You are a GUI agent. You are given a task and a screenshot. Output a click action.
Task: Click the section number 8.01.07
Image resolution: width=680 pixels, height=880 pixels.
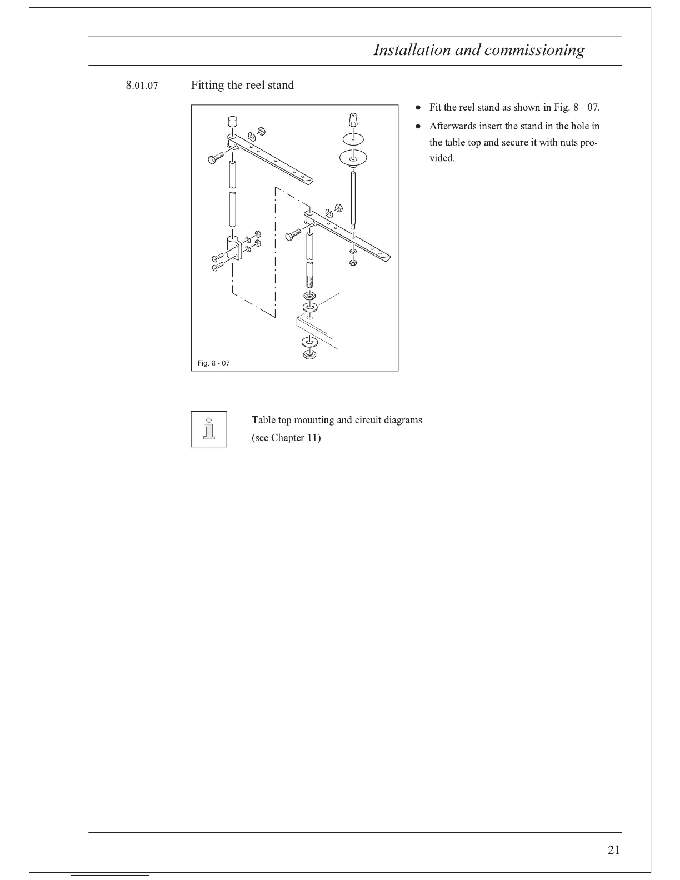click(x=142, y=86)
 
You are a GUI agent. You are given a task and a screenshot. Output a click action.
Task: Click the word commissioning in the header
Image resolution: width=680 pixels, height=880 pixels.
click(x=534, y=50)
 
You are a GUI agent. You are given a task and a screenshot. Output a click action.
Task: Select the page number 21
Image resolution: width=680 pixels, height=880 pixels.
click(x=613, y=849)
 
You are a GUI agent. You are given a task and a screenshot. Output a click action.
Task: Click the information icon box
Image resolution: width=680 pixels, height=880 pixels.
click(x=208, y=429)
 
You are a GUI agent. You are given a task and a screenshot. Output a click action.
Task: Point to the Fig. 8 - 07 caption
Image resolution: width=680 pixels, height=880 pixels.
click(x=213, y=363)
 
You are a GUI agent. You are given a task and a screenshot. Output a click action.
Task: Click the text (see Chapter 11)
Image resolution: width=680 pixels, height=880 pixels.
click(x=286, y=438)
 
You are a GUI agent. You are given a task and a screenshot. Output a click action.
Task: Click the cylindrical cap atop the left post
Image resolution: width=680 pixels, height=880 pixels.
click(x=232, y=121)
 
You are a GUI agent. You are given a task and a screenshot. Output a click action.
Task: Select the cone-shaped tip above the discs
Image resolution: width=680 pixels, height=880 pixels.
click(x=353, y=120)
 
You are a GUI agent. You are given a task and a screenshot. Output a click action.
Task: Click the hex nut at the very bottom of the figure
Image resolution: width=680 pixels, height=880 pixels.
click(x=309, y=355)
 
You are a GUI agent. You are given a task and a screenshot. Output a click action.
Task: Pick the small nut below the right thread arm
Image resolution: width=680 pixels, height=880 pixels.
click(x=353, y=263)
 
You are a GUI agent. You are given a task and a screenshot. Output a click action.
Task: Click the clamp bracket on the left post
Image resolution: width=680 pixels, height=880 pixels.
click(x=234, y=248)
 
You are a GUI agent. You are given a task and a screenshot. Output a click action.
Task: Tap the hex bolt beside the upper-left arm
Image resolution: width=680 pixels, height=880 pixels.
click(x=216, y=157)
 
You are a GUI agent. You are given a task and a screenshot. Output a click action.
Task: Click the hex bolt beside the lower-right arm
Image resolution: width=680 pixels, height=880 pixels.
click(x=293, y=234)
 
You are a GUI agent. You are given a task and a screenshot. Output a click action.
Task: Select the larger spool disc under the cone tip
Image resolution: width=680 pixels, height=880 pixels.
click(x=353, y=157)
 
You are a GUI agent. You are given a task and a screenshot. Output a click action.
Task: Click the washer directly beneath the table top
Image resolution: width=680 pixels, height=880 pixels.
click(x=309, y=342)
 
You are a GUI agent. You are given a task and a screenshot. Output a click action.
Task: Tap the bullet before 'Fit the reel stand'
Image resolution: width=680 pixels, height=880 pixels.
click(x=418, y=107)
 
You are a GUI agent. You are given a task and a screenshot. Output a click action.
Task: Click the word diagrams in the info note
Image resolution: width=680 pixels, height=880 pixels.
click(x=403, y=420)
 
